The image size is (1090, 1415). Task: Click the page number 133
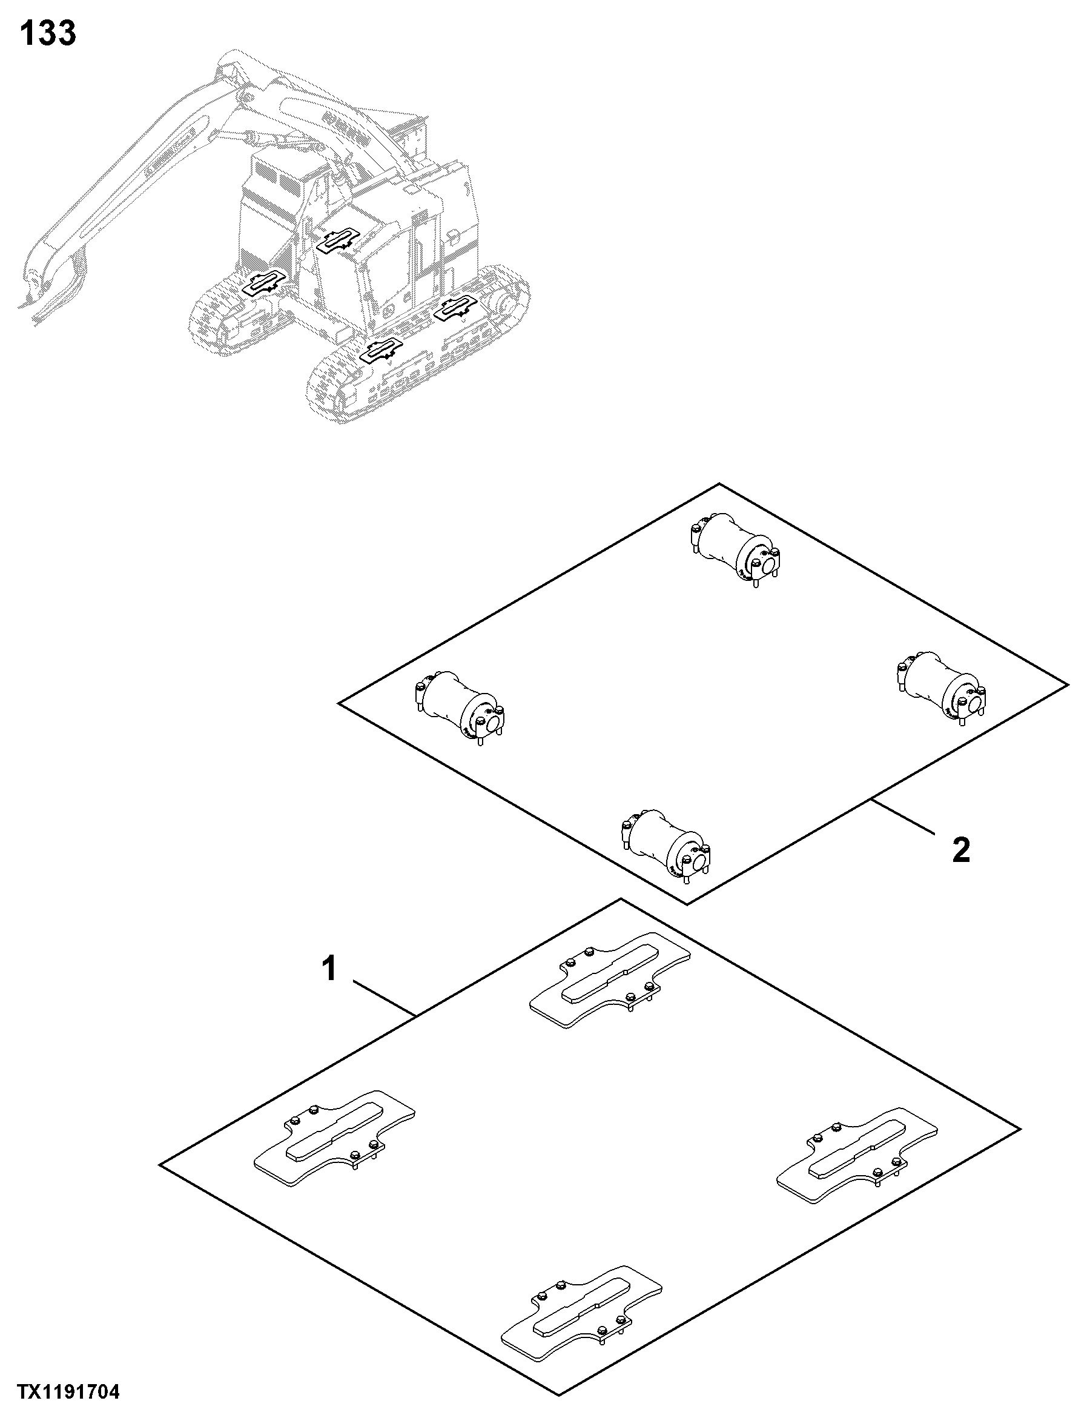[48, 33]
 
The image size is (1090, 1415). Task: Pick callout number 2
[961, 849]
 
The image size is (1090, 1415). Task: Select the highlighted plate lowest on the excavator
[381, 351]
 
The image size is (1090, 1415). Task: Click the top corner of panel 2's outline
[719, 483]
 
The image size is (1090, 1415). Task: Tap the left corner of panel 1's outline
[159, 1165]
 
